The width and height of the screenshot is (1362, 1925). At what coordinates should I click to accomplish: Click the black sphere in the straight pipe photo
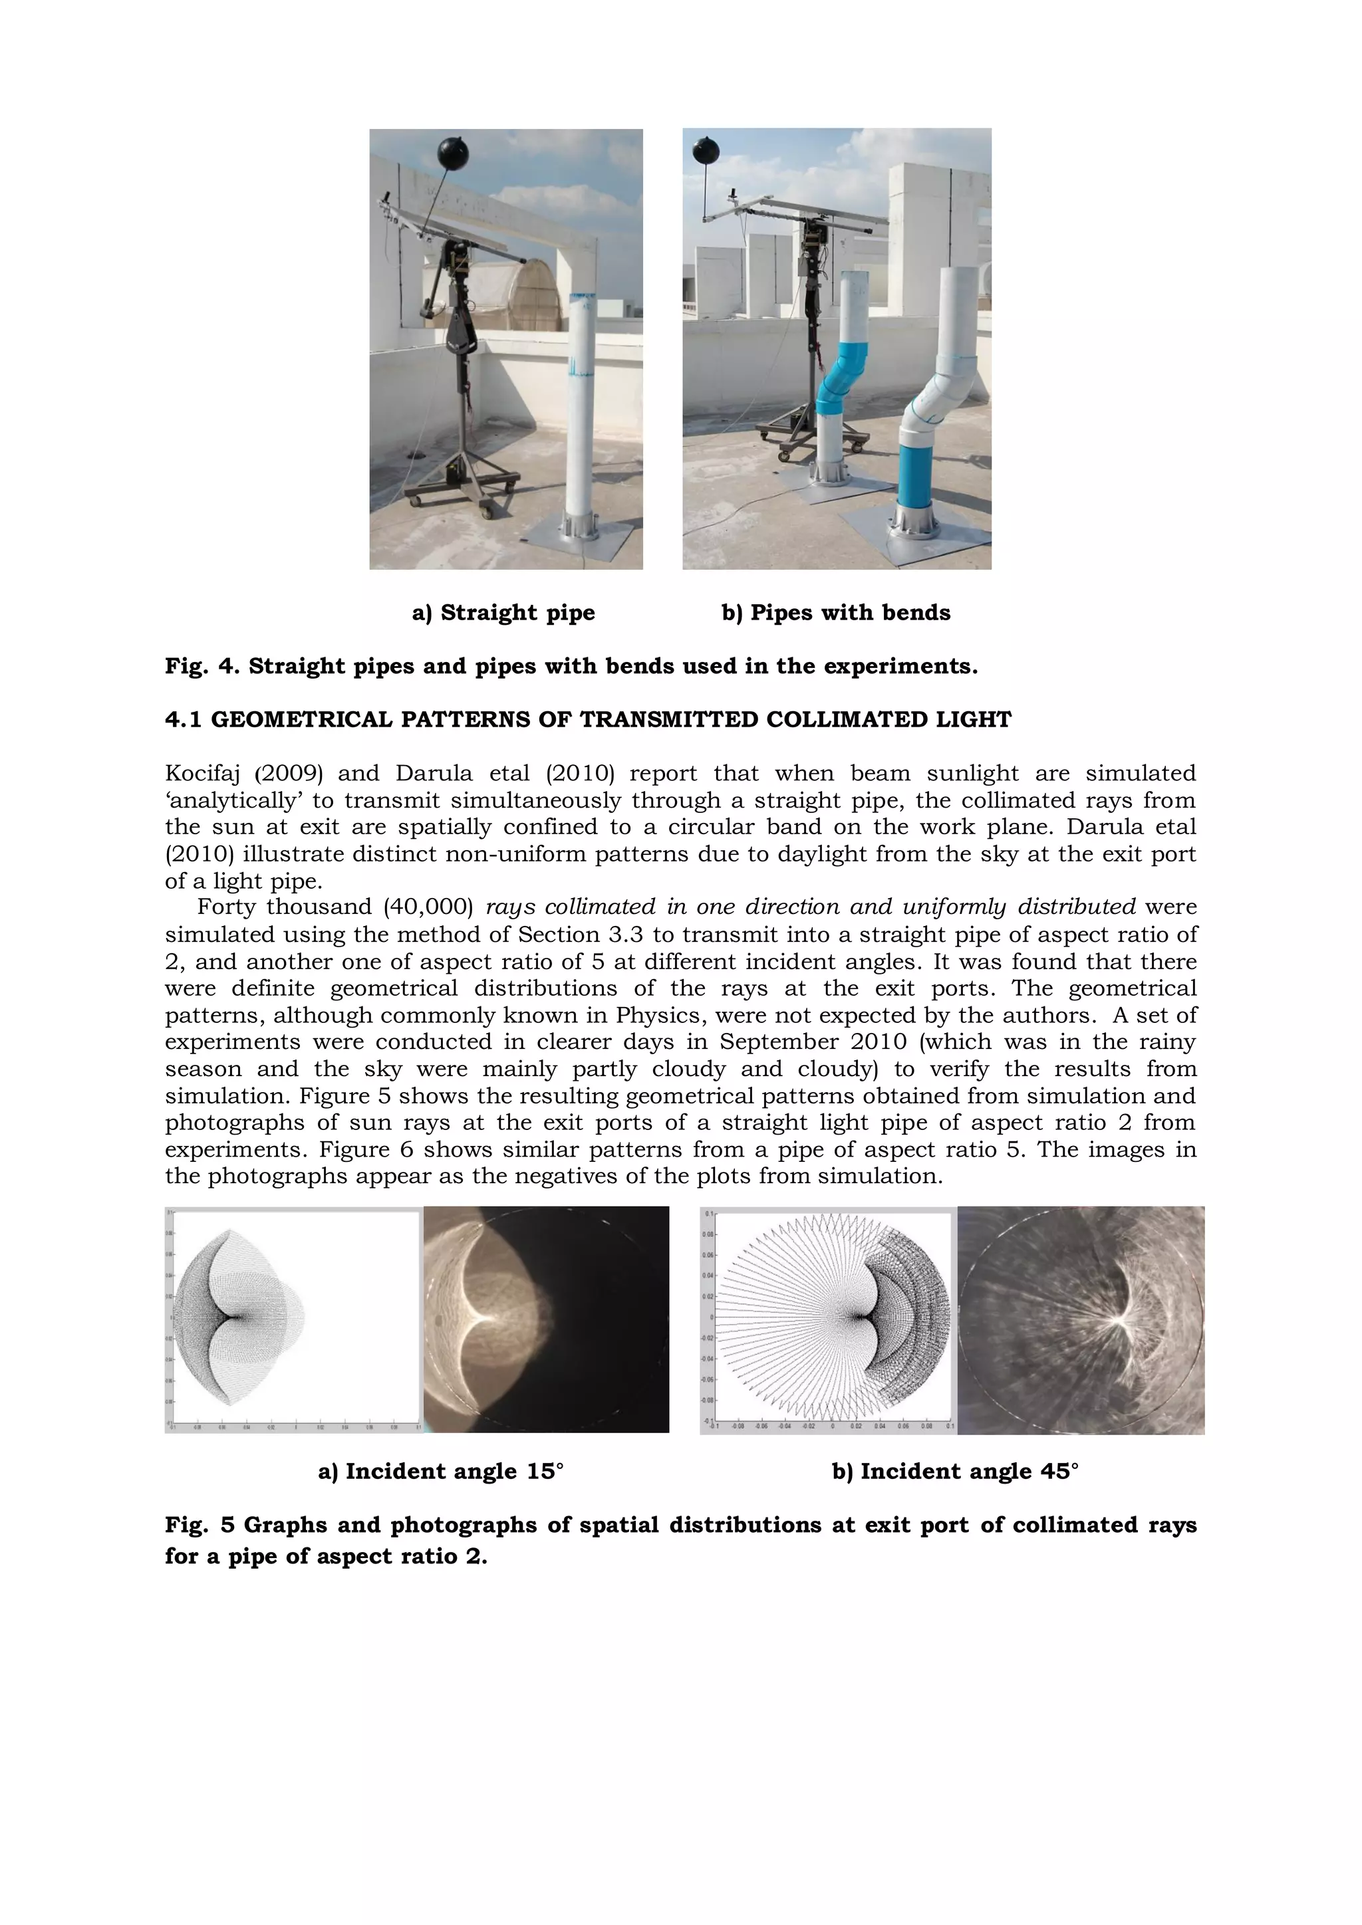point(454,154)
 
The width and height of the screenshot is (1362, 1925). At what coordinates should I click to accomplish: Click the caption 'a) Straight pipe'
point(503,613)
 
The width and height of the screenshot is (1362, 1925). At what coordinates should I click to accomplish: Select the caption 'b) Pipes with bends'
point(835,613)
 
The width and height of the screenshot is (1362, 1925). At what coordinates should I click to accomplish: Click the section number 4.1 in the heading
point(184,719)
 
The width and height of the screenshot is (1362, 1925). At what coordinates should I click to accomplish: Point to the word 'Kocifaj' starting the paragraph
point(202,773)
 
